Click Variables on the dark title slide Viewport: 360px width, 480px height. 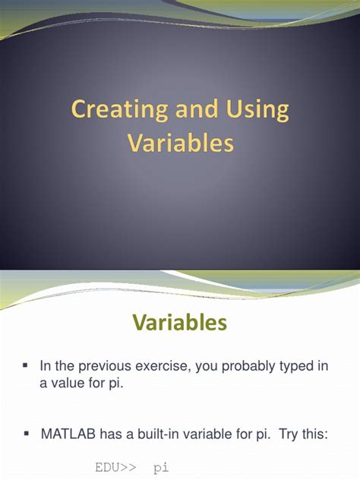pyautogui.click(x=180, y=143)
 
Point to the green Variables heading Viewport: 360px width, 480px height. pyautogui.click(x=180, y=323)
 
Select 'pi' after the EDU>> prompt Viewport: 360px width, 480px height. pyautogui.click(x=162, y=469)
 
